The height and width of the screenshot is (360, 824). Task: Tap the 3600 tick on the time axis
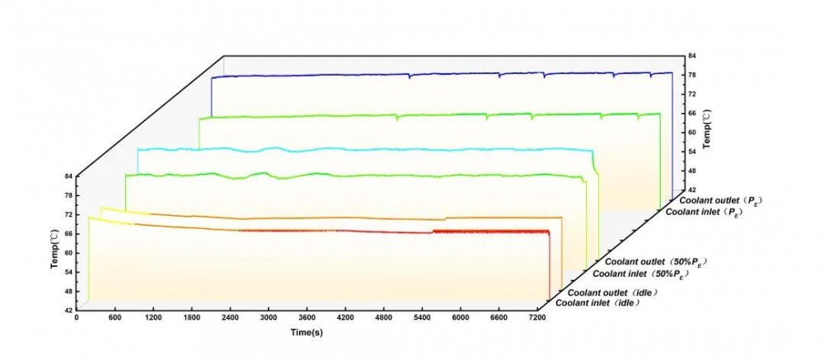305,316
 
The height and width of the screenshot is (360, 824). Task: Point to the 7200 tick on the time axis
536,316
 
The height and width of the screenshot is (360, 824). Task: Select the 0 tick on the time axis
77,316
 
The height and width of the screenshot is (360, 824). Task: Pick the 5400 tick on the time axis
421,316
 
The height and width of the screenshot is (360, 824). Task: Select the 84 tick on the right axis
693,55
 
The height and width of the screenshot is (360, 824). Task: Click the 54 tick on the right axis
693,151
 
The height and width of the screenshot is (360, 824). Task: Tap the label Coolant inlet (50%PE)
639,273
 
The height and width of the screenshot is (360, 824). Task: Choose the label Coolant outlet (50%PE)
653,260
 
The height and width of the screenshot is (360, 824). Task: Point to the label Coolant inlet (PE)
707,212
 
